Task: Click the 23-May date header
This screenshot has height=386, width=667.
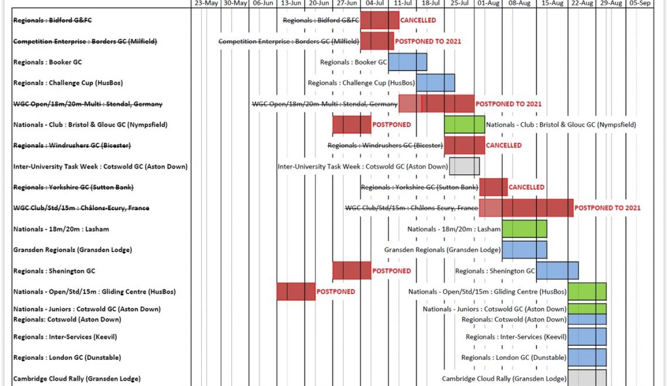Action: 206,4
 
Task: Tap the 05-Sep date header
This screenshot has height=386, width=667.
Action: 640,4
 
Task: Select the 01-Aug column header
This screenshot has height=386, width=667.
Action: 488,4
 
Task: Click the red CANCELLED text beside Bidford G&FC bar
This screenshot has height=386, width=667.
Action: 418,20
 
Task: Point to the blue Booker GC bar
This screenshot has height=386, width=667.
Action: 407,62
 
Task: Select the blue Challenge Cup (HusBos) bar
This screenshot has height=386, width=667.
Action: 435,82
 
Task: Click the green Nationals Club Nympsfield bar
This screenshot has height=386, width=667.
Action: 464,125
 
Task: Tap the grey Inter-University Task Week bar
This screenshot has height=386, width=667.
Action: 464,166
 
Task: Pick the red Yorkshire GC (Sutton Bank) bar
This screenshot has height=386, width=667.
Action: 493,187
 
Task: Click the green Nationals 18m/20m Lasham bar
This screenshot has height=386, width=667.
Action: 524,229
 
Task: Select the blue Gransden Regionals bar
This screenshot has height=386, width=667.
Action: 524,250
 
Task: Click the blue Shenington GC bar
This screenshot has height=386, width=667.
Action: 557,271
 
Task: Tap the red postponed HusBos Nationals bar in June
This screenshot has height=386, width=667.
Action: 296,291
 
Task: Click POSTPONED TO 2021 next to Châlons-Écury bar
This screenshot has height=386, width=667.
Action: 607,208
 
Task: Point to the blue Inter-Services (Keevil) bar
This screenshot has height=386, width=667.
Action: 587,337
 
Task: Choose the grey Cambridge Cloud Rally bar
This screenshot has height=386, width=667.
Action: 587,377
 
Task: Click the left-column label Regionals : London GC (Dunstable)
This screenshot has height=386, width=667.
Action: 67,357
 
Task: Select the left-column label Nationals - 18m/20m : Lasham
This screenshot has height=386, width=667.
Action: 61,229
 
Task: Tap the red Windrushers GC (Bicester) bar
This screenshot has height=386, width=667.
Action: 464,145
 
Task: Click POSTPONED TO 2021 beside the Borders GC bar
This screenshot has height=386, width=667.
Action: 428,42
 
